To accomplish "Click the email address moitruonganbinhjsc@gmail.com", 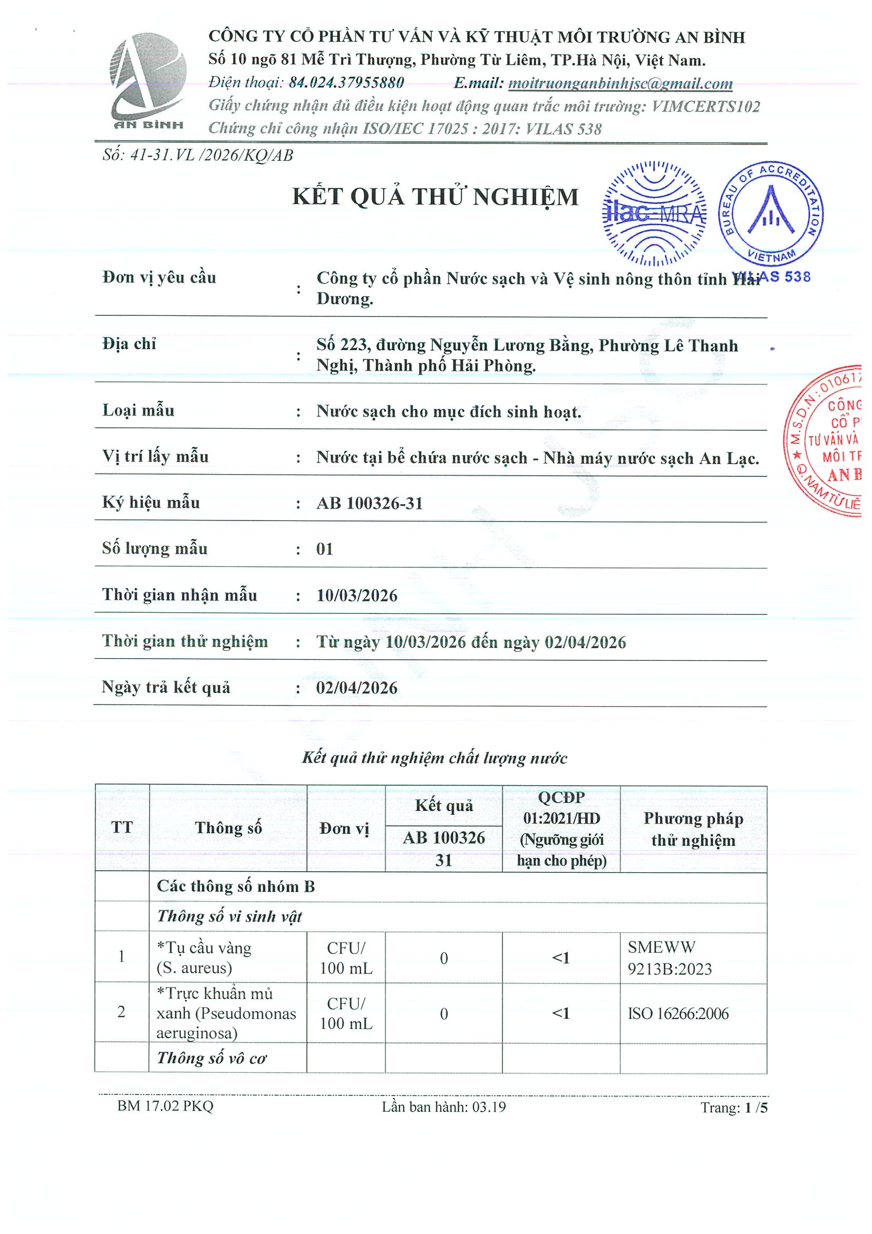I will [620, 83].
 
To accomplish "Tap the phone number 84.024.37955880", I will [346, 83].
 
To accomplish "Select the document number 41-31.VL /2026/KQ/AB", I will [212, 156].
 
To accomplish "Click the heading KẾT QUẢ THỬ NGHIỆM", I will [435, 197].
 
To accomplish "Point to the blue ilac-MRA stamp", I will [654, 214].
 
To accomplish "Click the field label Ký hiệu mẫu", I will [151, 503].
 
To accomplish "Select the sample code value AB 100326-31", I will [370, 504].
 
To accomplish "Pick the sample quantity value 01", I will [325, 549].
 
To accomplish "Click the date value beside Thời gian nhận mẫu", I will [357, 595].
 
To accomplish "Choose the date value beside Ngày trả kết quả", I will [357, 688].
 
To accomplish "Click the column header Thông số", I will [228, 828].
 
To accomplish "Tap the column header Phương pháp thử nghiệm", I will [693, 829].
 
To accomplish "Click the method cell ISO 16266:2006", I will [678, 1014].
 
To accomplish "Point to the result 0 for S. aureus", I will [444, 958].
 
